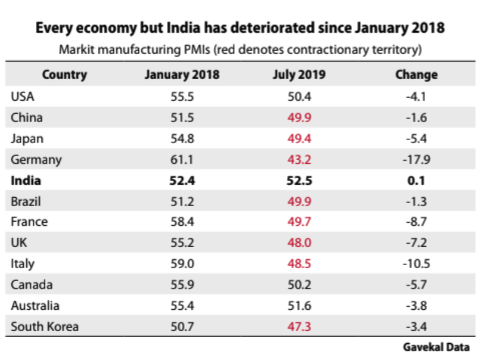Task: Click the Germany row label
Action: coord(36,160)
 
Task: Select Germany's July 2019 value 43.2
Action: coord(300,160)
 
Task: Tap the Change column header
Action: coord(416,75)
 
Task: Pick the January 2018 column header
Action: coord(182,75)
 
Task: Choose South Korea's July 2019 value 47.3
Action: coord(300,326)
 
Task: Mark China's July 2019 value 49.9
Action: coord(300,118)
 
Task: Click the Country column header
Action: coord(64,75)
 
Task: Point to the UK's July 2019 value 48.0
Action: coord(300,243)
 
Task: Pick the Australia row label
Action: coord(35,306)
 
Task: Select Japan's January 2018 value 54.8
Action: coord(182,139)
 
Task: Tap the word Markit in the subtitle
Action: coord(75,49)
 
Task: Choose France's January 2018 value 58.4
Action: coord(182,222)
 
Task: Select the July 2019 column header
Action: coord(300,75)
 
